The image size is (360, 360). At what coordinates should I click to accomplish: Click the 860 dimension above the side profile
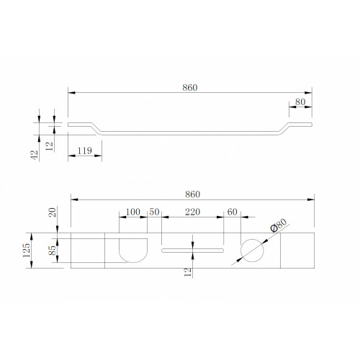click(x=190, y=88)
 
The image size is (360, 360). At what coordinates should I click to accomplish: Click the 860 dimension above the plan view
click(x=192, y=194)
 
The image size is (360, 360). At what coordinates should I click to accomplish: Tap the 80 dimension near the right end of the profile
click(x=300, y=102)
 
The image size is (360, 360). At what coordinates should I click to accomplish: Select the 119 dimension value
click(x=84, y=150)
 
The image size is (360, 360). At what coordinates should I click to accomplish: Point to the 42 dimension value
click(x=35, y=155)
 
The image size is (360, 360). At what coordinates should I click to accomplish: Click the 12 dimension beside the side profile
click(x=49, y=146)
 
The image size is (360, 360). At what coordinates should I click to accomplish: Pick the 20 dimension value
click(x=52, y=212)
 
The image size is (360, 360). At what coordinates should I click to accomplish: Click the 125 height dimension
click(x=27, y=251)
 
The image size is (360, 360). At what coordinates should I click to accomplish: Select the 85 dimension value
click(x=52, y=251)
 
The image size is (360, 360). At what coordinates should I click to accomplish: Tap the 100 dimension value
click(x=133, y=212)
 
